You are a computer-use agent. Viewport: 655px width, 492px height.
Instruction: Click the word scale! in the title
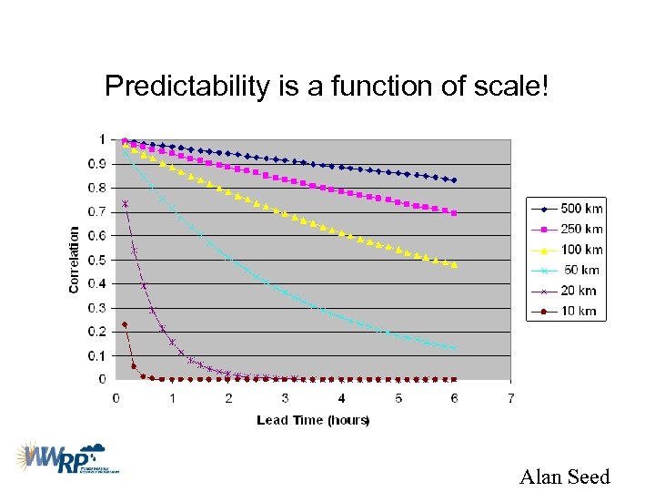pyautogui.click(x=511, y=87)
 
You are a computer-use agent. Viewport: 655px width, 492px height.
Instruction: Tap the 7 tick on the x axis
pyautogui.click(x=511, y=398)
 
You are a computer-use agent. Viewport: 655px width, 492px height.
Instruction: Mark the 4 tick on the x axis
pyautogui.click(x=341, y=398)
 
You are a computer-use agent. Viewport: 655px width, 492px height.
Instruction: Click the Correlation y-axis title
pyautogui.click(x=74, y=260)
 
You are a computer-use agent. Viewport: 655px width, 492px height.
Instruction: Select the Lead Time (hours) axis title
pyautogui.click(x=313, y=420)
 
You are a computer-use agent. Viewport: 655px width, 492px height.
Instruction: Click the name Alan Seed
pyautogui.click(x=564, y=476)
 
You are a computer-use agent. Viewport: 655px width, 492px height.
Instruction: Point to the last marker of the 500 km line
pyautogui.click(x=454, y=180)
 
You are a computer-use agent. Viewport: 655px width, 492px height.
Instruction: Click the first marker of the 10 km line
pyautogui.click(x=125, y=324)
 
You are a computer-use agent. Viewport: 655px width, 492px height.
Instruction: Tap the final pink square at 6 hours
pyautogui.click(x=454, y=212)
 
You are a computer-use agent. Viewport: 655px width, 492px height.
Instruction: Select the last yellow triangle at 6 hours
pyautogui.click(x=454, y=264)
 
